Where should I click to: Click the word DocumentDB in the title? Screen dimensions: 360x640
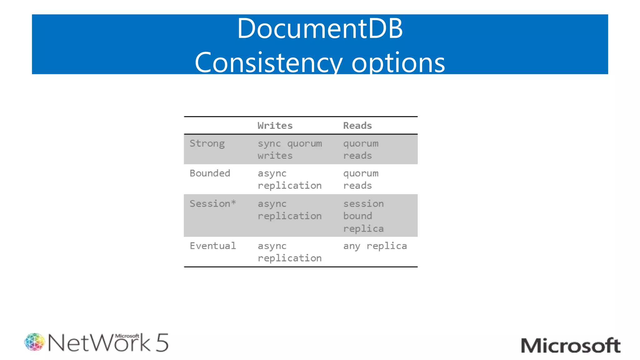click(320, 29)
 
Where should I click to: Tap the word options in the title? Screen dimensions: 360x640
click(398, 62)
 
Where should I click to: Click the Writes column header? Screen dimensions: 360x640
click(275, 126)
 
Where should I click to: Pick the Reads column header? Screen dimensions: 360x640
click(357, 126)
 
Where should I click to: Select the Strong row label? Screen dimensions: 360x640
click(207, 144)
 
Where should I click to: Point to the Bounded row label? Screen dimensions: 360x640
click(210, 173)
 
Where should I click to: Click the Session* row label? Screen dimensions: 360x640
click(212, 204)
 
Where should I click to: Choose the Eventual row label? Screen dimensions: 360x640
click(212, 246)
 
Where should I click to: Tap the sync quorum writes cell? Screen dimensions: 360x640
click(290, 149)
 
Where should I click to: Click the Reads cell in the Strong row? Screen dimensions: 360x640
click(361, 149)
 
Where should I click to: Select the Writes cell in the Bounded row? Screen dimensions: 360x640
click(290, 179)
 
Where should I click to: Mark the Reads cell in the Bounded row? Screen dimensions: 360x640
click(361, 179)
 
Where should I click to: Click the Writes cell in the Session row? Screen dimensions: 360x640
click(290, 210)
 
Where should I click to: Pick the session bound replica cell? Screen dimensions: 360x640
click(363, 216)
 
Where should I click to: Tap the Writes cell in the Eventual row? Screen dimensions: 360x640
click(290, 252)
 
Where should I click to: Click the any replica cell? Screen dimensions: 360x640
click(375, 246)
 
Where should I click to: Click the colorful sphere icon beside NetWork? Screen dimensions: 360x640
click(34, 342)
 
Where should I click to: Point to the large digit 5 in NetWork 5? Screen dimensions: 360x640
click(162, 343)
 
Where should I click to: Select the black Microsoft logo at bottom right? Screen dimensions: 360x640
click(571, 346)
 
